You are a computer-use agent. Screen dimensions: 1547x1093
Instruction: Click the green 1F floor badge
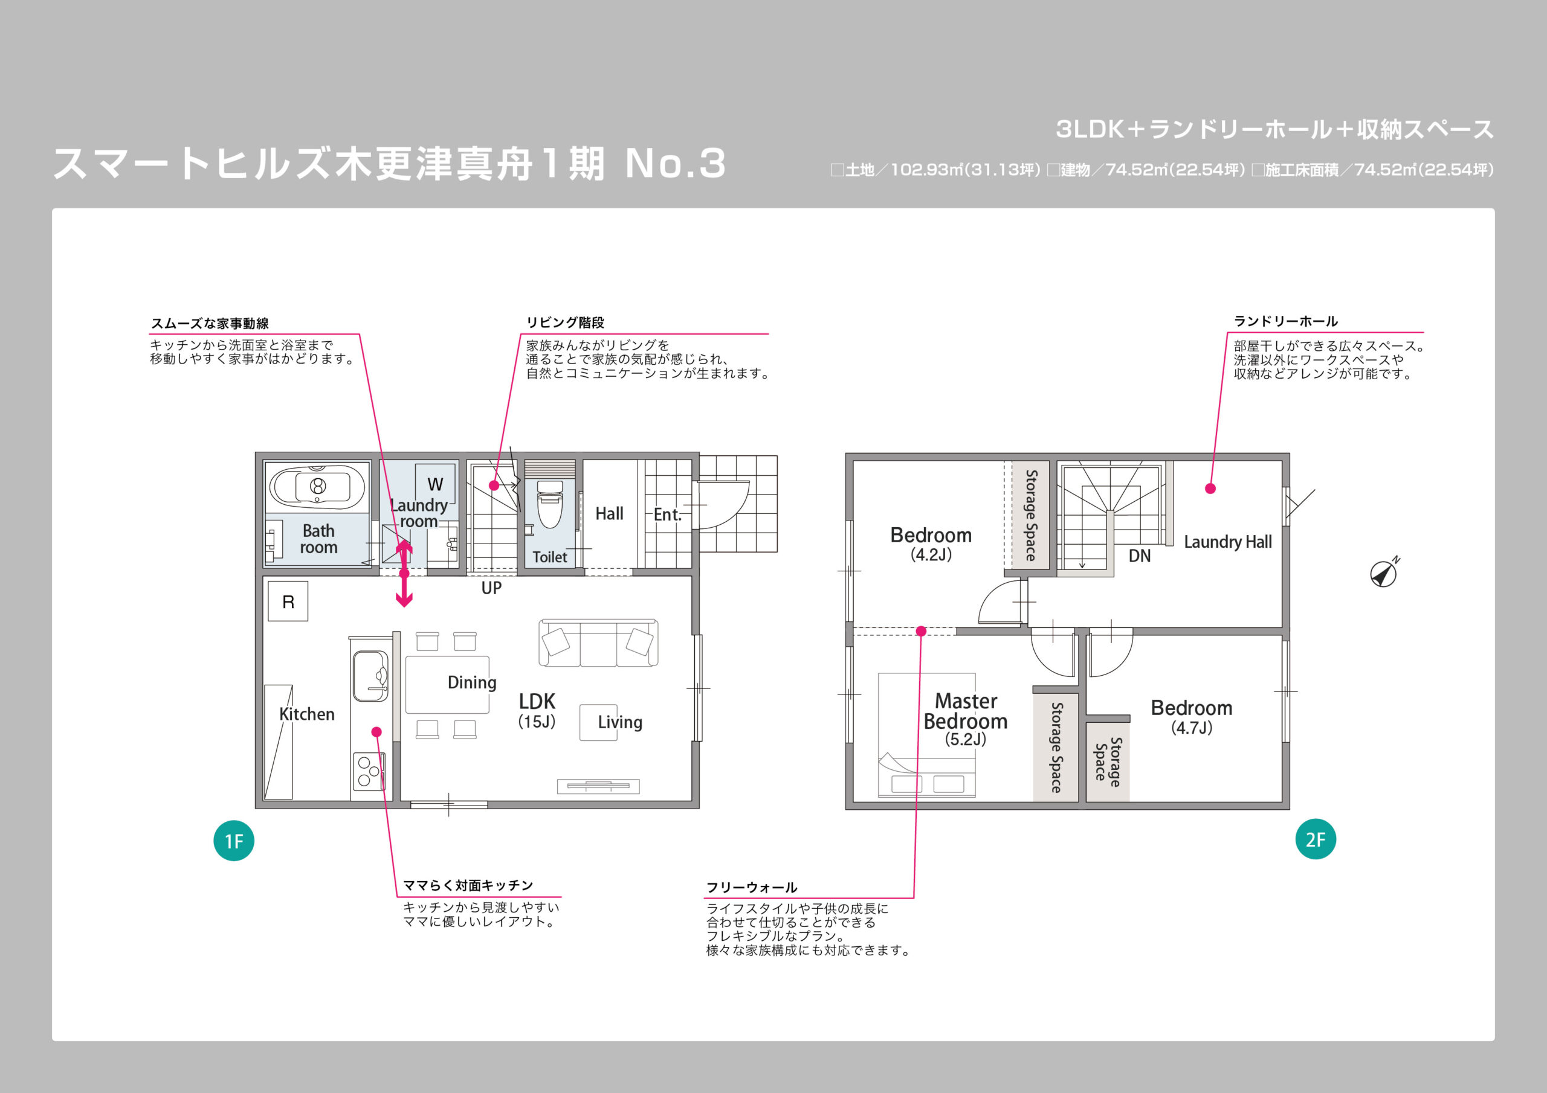click(x=234, y=841)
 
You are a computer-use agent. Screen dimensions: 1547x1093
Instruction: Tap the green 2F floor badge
click(x=1315, y=839)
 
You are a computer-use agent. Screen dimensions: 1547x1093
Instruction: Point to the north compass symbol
click(x=1384, y=573)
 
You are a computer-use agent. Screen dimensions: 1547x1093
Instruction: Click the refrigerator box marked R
click(x=288, y=601)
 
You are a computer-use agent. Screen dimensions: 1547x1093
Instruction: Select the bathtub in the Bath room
click(x=317, y=486)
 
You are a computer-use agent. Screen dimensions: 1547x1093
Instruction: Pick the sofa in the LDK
click(x=598, y=643)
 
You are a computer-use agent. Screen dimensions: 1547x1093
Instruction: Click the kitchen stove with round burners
click(x=369, y=772)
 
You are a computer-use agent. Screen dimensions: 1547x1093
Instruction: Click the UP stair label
click(x=491, y=588)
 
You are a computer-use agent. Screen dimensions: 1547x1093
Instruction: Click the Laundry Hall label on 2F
click(x=1227, y=542)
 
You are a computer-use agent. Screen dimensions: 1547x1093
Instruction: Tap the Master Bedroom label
click(x=966, y=711)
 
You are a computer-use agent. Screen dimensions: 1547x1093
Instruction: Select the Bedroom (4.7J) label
click(x=1191, y=717)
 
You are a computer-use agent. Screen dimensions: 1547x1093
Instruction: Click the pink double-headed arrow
click(x=404, y=573)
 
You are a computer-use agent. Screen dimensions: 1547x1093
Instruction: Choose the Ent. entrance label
click(x=667, y=514)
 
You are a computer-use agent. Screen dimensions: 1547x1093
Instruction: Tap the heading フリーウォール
click(x=751, y=887)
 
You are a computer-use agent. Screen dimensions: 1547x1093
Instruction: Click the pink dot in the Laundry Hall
click(x=1210, y=489)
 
